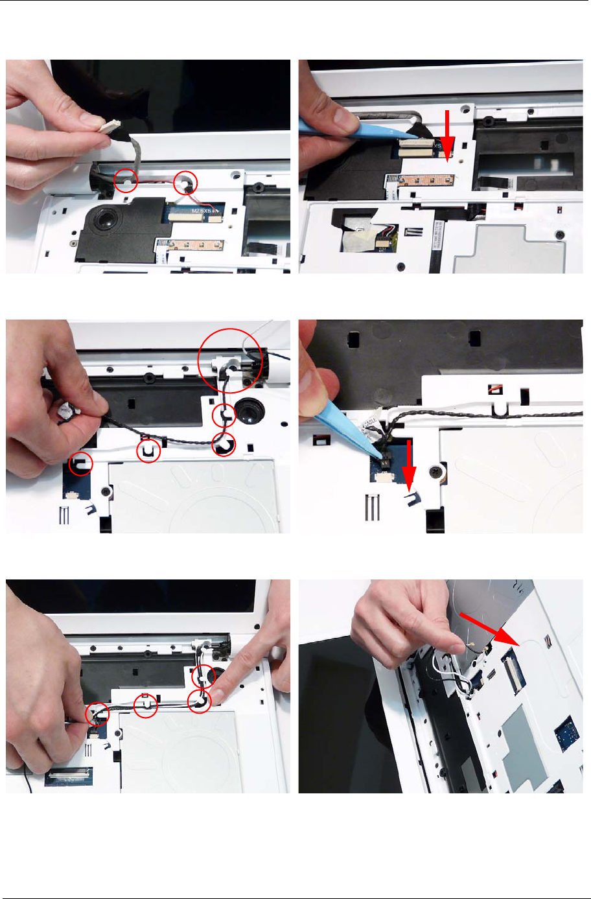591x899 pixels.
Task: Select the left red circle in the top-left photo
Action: click(126, 180)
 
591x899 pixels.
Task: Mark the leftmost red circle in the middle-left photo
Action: click(81, 463)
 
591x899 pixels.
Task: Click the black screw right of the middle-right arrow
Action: click(439, 469)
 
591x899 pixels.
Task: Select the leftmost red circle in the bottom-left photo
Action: click(97, 714)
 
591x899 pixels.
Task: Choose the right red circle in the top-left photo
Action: click(187, 183)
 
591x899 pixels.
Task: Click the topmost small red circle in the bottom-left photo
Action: click(204, 675)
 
